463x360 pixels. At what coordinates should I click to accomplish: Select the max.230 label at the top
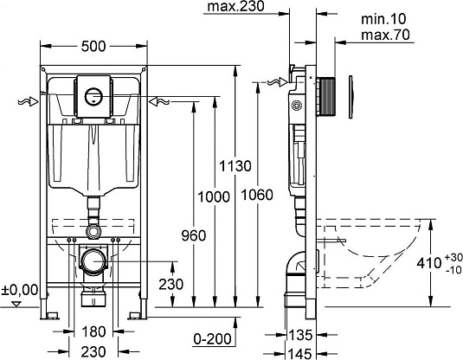[x=235, y=8]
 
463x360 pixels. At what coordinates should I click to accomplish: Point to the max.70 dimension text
[x=384, y=35]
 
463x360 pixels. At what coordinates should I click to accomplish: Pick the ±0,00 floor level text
[x=19, y=290]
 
